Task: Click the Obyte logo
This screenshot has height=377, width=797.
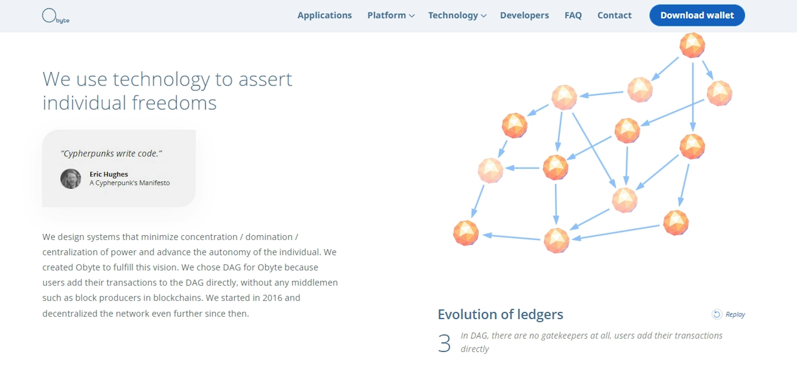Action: [x=56, y=16]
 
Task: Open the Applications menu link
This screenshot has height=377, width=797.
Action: [x=325, y=16]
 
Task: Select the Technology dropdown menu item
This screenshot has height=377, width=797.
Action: [x=457, y=16]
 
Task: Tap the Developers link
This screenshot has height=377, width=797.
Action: [x=524, y=16]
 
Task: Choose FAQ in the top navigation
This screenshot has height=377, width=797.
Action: [x=573, y=16]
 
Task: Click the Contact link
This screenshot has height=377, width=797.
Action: [x=614, y=16]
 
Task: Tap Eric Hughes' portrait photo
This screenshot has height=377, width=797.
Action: [x=71, y=179]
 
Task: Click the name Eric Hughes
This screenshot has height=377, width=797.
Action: [x=109, y=174]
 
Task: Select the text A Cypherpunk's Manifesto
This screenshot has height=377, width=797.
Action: [x=130, y=183]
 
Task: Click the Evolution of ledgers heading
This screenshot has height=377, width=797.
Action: [x=500, y=314]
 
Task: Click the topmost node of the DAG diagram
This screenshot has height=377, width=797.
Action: [x=692, y=45]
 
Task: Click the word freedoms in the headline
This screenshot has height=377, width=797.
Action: [x=174, y=103]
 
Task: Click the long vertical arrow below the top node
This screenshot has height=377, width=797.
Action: [x=693, y=97]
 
